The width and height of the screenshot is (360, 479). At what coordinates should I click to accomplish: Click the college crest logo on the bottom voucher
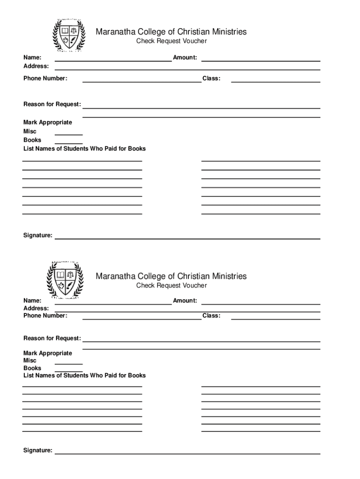[x=65, y=280]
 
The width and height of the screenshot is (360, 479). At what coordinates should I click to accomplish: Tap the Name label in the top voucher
[x=32, y=58]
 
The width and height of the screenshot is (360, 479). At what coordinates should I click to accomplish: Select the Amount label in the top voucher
[x=185, y=58]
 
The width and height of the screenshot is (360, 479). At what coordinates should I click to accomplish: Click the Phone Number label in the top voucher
[x=45, y=78]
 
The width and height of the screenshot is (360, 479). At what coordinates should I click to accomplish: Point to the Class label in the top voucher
[x=211, y=78]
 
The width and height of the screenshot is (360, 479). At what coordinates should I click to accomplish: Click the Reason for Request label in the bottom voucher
[x=52, y=338]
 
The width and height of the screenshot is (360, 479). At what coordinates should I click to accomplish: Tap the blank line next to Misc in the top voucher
[x=69, y=134]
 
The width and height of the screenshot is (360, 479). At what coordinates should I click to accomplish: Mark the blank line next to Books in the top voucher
[x=69, y=143]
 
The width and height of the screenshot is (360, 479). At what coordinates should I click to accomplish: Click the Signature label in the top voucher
[x=38, y=235]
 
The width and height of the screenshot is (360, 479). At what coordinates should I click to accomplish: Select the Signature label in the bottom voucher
[x=38, y=450]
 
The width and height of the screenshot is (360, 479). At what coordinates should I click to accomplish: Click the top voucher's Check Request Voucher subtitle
[x=171, y=42]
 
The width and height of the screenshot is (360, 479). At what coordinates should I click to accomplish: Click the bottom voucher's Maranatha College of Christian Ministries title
[x=171, y=276]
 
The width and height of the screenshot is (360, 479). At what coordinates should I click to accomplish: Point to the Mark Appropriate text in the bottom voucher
[x=48, y=353]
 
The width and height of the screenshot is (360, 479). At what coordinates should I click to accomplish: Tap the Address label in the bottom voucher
[x=36, y=308]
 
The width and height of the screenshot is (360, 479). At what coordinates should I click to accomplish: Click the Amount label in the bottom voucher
[x=185, y=301]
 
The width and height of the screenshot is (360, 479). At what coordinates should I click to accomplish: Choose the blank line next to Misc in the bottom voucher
[x=69, y=363]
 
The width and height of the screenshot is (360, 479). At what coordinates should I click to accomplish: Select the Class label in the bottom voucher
[x=211, y=316]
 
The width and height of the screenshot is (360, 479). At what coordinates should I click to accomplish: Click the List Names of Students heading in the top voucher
[x=85, y=149]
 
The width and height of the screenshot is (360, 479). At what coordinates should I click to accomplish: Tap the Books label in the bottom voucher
[x=32, y=368]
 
